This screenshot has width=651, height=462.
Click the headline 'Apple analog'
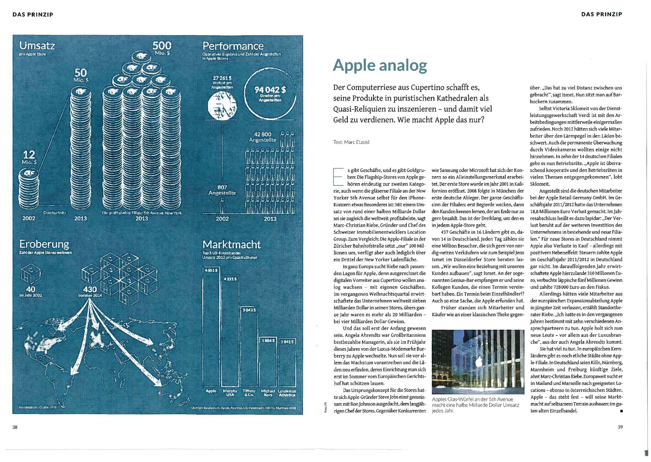pyautogui.click(x=380, y=66)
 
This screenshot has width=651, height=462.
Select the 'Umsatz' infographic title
pyautogui.click(x=37, y=46)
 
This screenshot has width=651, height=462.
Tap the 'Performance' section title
pyautogui.click(x=233, y=46)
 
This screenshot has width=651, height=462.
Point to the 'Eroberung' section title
pyautogui.click(x=44, y=244)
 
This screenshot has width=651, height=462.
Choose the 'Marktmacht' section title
pyautogui.click(x=232, y=244)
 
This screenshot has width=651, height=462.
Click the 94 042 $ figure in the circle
pyautogui.click(x=270, y=90)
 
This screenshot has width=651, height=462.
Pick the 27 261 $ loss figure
pyautogui.click(x=222, y=78)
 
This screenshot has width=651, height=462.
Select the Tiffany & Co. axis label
pyautogui.click(x=249, y=393)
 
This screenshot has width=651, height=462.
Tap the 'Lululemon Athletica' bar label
pyautogui.click(x=287, y=393)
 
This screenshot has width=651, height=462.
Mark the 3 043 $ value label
pyautogui.click(x=249, y=310)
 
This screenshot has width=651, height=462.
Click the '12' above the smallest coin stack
pyautogui.click(x=29, y=155)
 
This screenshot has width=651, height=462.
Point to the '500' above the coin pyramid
pyautogui.click(x=162, y=46)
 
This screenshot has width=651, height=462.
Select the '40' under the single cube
pyautogui.click(x=31, y=289)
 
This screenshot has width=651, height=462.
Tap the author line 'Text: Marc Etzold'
pyautogui.click(x=351, y=142)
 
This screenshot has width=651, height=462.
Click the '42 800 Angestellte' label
pyautogui.click(x=262, y=137)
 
